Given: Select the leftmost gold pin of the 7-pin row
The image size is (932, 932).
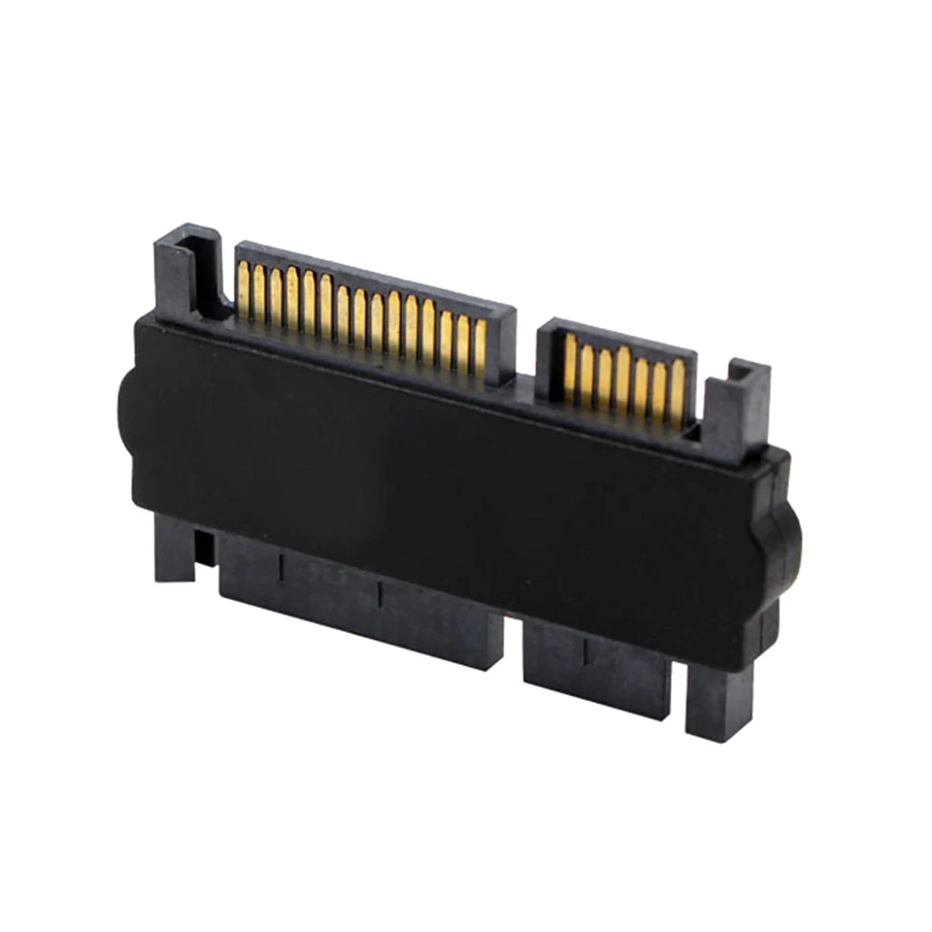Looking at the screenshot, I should click(x=570, y=361).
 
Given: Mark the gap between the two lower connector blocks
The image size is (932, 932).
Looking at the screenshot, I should click(x=514, y=641).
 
